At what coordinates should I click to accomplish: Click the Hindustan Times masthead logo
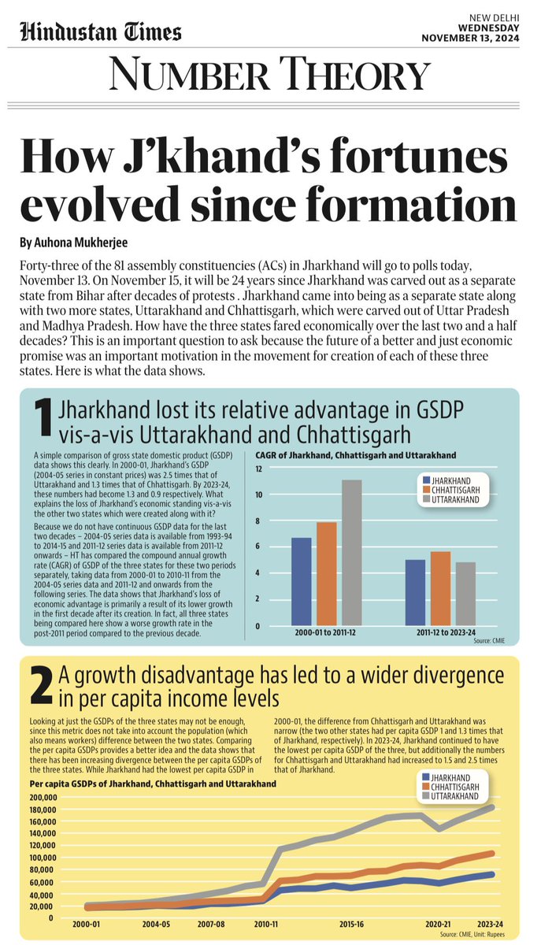(x=101, y=31)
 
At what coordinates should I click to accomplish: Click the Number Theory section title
(x=270, y=76)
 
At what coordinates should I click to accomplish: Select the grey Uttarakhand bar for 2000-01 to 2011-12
(x=352, y=553)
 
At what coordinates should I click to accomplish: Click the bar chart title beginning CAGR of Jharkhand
(x=356, y=455)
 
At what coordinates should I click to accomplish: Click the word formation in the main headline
(x=407, y=204)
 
